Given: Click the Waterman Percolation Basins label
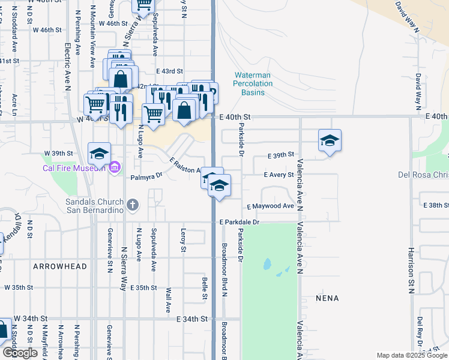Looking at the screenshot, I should point(253,84).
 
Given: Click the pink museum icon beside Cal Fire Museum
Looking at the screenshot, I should point(115,167).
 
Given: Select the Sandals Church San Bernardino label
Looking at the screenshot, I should point(94,206).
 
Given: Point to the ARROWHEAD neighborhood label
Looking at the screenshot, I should point(59,266).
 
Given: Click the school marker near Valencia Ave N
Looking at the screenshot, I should point(330,141).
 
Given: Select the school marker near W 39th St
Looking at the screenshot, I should point(99,153).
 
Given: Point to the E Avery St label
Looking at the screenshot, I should point(279,175).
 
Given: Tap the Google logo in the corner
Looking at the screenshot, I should point(20,353).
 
